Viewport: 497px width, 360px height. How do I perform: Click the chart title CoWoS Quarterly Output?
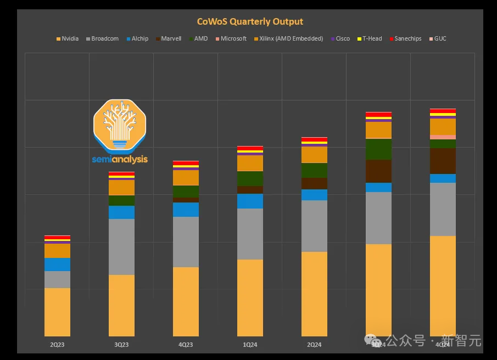[x=250, y=21]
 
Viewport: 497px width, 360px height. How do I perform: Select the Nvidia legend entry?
[x=70, y=39]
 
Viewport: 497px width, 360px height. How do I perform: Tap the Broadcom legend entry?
[x=104, y=39]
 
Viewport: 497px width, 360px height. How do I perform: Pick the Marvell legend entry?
[x=171, y=39]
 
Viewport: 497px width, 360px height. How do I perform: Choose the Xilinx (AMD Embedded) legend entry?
[x=291, y=39]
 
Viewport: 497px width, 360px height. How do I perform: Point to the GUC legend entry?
[x=440, y=39]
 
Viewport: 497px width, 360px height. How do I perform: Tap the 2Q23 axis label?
[x=57, y=345]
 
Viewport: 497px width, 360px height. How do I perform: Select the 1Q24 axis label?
[x=250, y=345]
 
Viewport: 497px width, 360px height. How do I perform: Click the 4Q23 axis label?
[x=186, y=345]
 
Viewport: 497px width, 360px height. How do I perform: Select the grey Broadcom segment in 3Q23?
[x=121, y=247]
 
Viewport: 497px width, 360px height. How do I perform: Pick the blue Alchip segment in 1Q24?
[x=250, y=201]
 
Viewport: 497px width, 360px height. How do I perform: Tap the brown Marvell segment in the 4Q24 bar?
[x=443, y=161]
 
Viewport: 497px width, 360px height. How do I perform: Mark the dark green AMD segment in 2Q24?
[x=314, y=170]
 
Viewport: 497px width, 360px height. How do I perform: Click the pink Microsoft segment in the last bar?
[x=443, y=137]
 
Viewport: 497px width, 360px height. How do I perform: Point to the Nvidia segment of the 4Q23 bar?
[x=186, y=301]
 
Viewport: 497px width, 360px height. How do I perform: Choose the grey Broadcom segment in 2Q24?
[x=314, y=226]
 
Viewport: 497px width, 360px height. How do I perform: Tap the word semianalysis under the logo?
[x=120, y=160]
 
